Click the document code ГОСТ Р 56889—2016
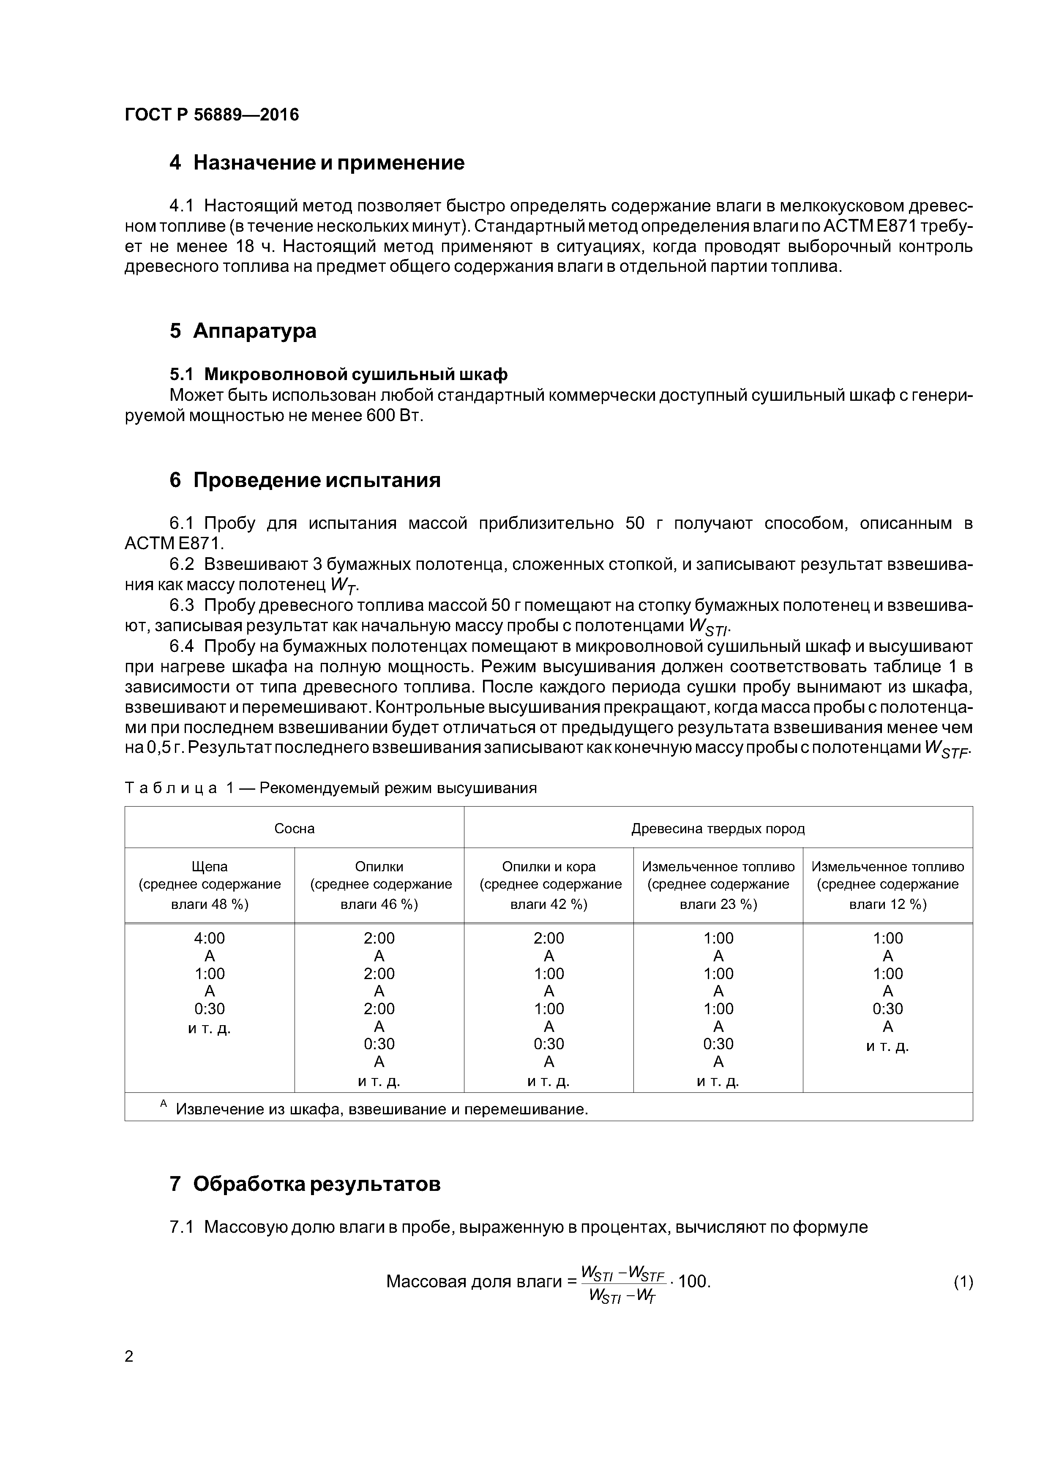[211, 115]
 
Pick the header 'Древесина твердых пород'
[718, 829]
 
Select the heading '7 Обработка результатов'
[305, 1184]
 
